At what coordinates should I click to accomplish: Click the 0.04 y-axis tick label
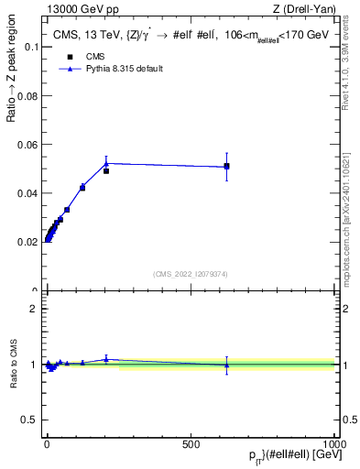tap(27, 193)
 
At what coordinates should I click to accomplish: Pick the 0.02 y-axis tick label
tap(27, 242)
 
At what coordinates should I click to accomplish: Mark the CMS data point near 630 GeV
tap(226, 166)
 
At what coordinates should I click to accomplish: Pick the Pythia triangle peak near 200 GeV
tap(106, 163)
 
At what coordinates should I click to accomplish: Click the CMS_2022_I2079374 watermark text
tap(190, 274)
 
